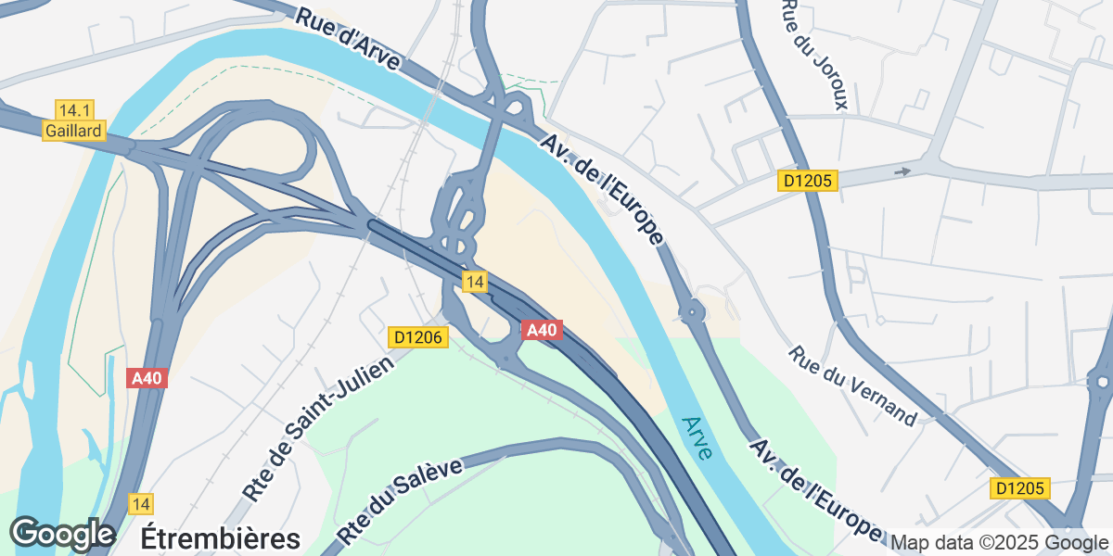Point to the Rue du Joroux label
pyautogui.click(x=815, y=54)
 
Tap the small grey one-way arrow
pyautogui.click(x=902, y=171)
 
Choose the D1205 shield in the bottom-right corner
pyautogui.click(x=1018, y=488)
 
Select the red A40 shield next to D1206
pyautogui.click(x=541, y=330)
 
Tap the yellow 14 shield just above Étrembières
pyautogui.click(x=141, y=504)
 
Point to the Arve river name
pyautogui.click(x=697, y=438)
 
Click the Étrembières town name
pyautogui.click(x=221, y=538)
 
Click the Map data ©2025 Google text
pyautogui.click(x=1000, y=542)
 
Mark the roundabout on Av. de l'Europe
pyautogui.click(x=693, y=312)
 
